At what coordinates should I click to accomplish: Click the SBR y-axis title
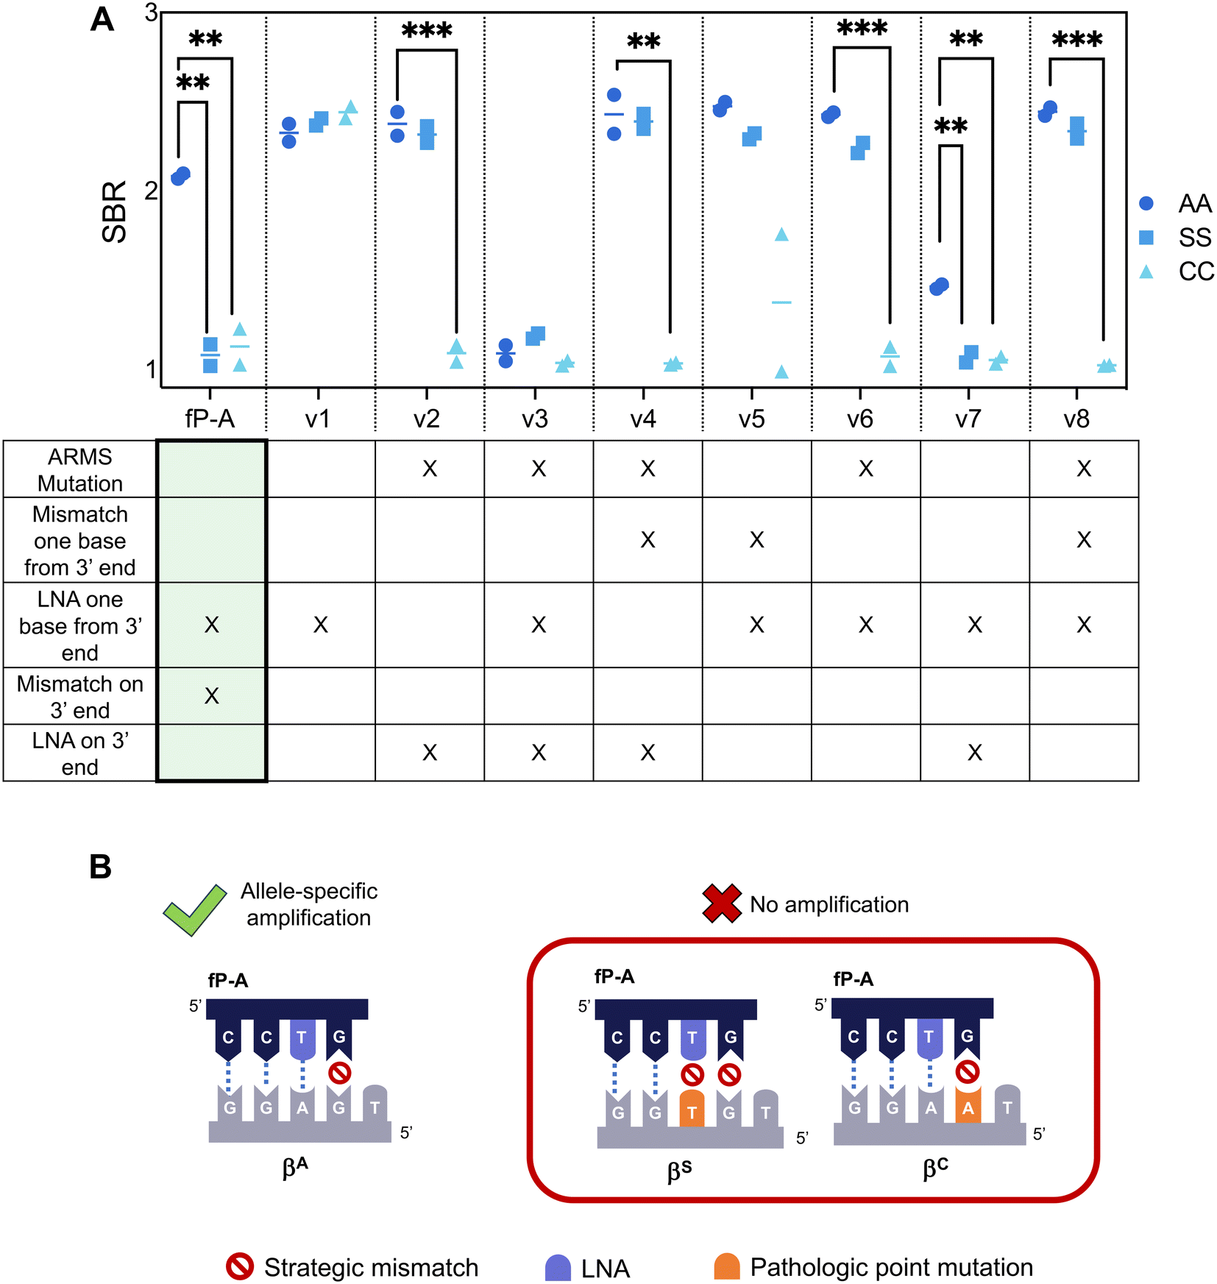point(115,212)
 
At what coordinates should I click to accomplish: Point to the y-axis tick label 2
point(151,191)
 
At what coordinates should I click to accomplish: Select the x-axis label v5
point(752,419)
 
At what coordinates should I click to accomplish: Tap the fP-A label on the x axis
point(210,418)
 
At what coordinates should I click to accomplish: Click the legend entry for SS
point(1175,237)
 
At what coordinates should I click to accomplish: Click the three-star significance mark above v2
point(427,32)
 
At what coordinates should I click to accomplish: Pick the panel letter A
point(102,20)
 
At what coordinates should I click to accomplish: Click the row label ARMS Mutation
point(80,469)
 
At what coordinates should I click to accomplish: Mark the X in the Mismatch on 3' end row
point(212,695)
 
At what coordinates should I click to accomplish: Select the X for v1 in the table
point(321,625)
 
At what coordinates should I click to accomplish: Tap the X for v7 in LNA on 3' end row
point(975,752)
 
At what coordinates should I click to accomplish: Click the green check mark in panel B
point(195,909)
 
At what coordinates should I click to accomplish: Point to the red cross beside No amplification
point(722,904)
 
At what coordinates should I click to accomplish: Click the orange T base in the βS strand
point(692,1107)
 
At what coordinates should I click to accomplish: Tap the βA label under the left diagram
point(295,1167)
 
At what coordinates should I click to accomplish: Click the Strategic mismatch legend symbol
point(240,1266)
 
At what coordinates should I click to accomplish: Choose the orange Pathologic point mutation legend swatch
point(727,1266)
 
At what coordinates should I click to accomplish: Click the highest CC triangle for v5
point(781,235)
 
